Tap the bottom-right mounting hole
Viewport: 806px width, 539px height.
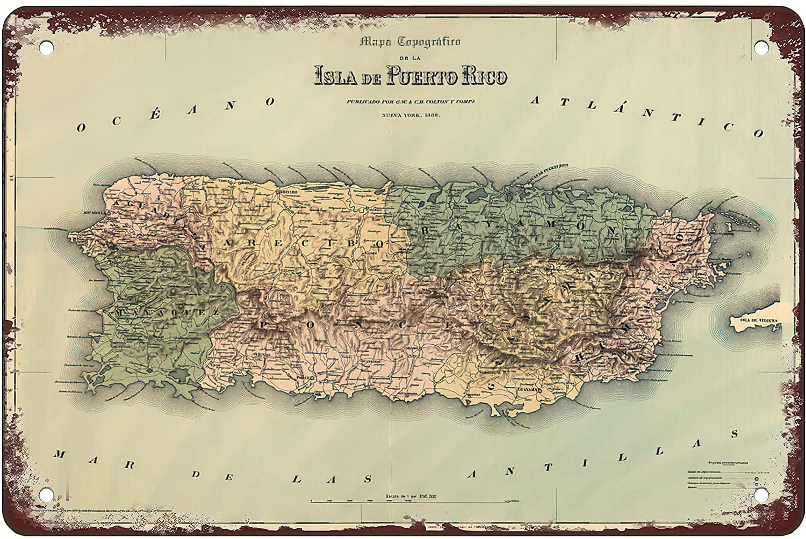pyautogui.click(x=759, y=492)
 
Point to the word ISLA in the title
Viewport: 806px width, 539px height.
pyautogui.click(x=336, y=75)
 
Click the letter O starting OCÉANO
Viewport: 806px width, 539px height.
pyautogui.click(x=82, y=127)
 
